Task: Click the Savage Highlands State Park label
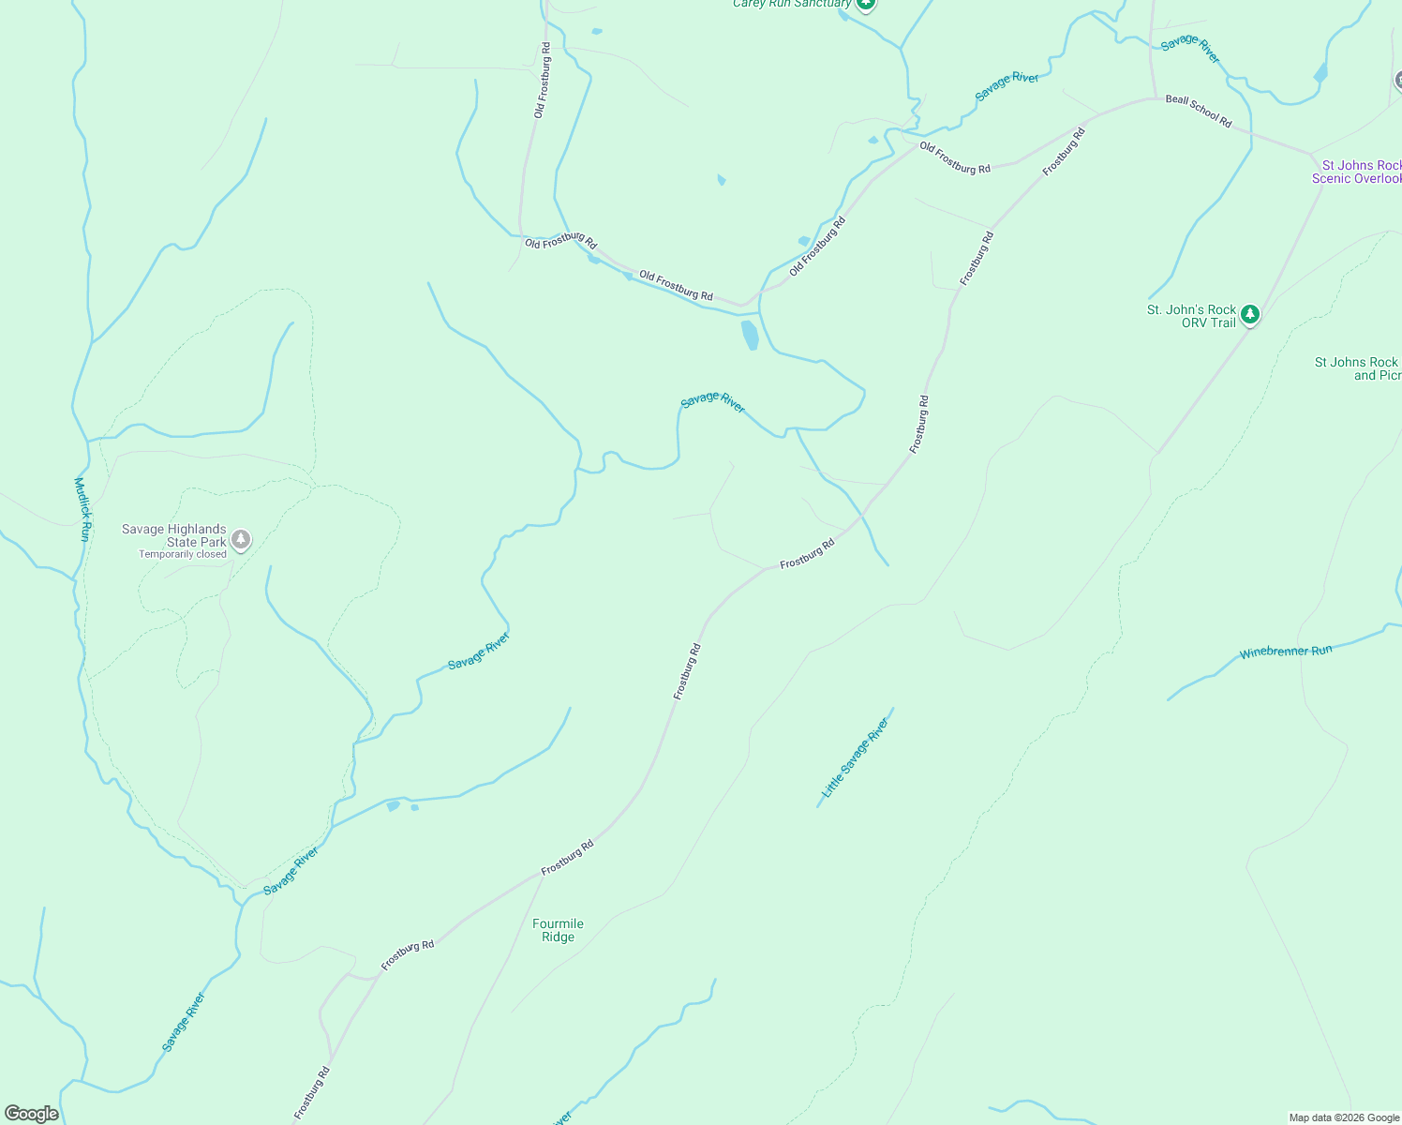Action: [x=173, y=535]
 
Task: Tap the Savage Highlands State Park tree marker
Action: [x=241, y=539]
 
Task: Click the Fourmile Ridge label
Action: [x=558, y=930]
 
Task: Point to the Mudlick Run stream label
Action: [x=82, y=509]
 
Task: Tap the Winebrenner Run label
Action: [x=1285, y=652]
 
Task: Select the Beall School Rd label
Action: [x=1199, y=111]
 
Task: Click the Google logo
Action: [x=31, y=1114]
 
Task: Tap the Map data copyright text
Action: [x=1344, y=1117]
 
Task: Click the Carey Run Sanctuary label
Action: [x=792, y=4]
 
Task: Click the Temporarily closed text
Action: [x=183, y=554]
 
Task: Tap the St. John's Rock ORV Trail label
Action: [x=1192, y=316]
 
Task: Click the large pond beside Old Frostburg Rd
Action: [x=750, y=334]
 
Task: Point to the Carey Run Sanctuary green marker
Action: [x=866, y=3]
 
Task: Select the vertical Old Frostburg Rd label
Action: [x=542, y=80]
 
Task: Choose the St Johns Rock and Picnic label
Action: [x=1358, y=368]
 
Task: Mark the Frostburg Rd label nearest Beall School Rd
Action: [x=1064, y=151]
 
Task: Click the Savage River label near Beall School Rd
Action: [x=1190, y=49]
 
